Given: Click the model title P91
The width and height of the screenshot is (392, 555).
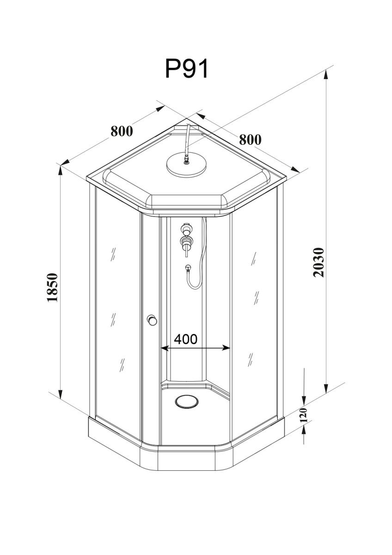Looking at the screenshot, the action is [x=186, y=68].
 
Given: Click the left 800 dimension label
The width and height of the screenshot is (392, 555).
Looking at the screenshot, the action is [x=122, y=131].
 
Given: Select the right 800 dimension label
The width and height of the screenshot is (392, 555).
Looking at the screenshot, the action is [x=250, y=140].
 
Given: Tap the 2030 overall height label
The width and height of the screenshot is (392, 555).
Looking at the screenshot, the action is [x=318, y=262].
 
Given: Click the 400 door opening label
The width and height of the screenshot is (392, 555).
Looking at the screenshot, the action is [x=186, y=339].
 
